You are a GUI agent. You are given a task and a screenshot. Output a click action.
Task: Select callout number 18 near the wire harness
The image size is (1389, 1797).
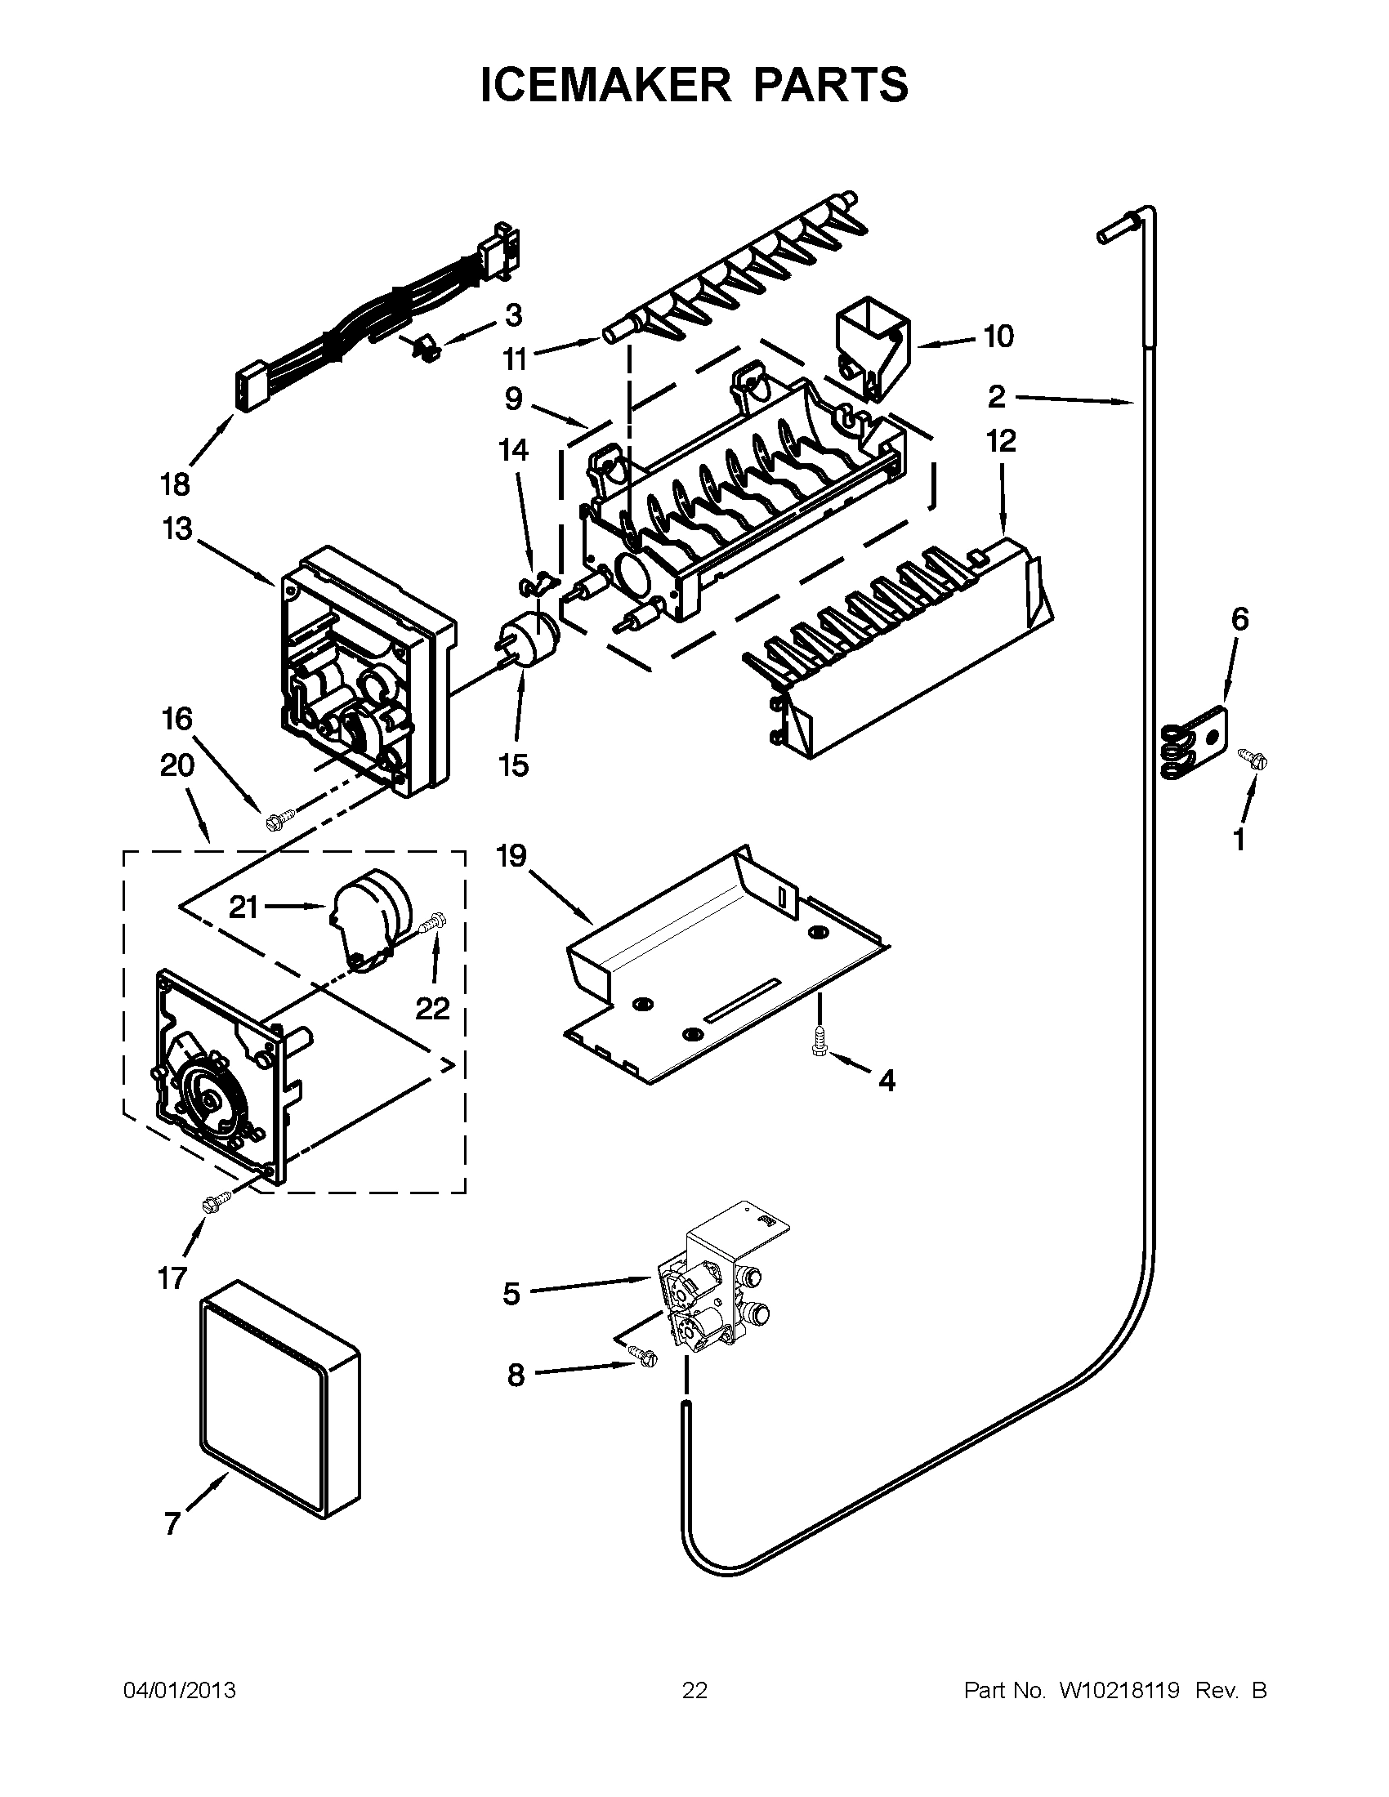[176, 484]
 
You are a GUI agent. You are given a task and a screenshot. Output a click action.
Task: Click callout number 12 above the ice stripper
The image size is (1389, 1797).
[1002, 442]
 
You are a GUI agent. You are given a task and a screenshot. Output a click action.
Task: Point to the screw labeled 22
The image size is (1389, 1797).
[432, 925]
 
